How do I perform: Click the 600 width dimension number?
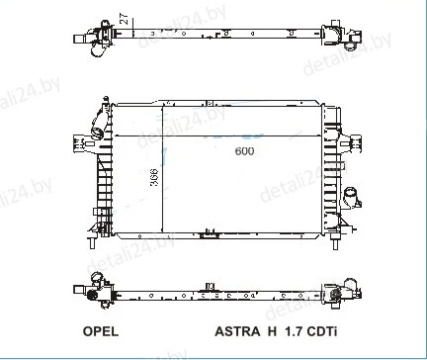(x=244, y=151)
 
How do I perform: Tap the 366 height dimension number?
(x=154, y=178)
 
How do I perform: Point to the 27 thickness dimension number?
(x=125, y=19)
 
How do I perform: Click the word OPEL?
(x=101, y=331)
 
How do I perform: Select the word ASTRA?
(x=237, y=331)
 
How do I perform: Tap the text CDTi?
(x=322, y=331)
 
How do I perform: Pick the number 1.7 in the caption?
(x=294, y=331)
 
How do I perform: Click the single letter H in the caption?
(x=272, y=331)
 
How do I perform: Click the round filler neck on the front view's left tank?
(x=97, y=133)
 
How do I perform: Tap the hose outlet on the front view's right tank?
(x=352, y=198)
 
